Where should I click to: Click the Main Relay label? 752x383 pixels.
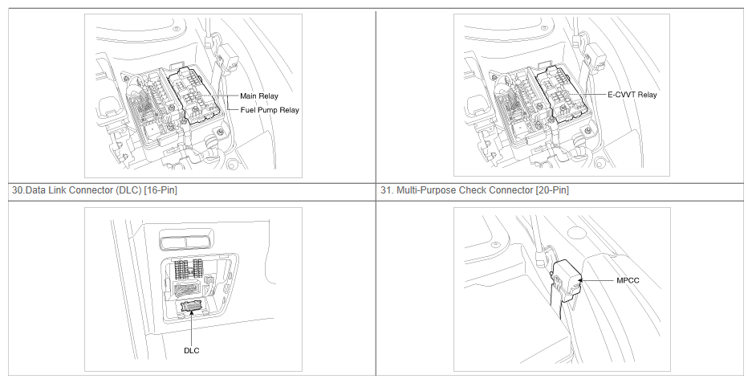259,96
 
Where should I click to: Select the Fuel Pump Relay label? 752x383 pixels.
270,110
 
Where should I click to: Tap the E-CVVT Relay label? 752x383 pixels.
632,95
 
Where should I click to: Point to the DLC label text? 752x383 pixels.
191,350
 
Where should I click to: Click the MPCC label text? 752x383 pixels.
628,280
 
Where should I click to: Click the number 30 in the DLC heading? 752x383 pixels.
17,190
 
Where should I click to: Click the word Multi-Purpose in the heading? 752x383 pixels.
426,190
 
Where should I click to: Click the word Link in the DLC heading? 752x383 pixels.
57,190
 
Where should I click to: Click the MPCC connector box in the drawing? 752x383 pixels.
566,280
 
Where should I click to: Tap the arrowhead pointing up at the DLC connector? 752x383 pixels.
191,313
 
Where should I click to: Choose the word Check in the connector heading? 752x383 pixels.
471,190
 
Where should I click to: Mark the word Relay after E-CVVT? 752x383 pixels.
647,95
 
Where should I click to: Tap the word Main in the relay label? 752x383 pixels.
249,96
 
